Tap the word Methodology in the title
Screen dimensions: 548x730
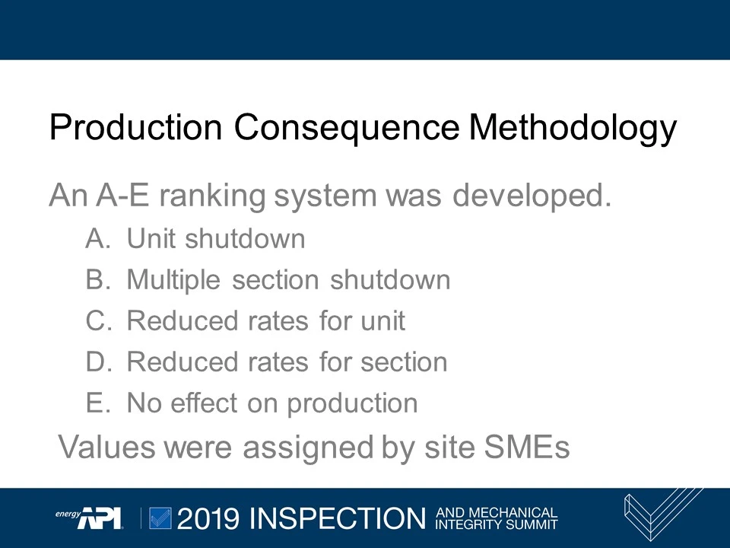coord(573,128)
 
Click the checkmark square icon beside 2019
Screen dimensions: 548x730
coord(161,518)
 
